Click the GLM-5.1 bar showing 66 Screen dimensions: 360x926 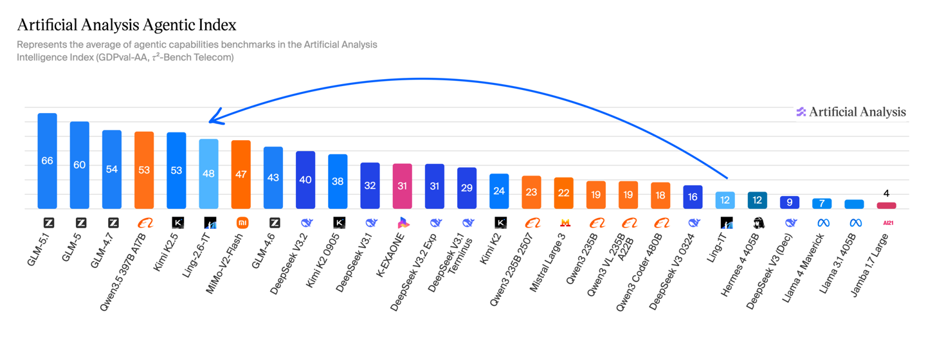tap(47, 161)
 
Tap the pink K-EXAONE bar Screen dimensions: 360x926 tap(403, 186)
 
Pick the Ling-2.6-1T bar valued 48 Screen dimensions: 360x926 tap(209, 173)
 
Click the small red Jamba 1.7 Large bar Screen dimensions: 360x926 tap(886, 206)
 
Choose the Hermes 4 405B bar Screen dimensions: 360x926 tap(758, 200)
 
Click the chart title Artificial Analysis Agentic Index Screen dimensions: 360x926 tap(127, 25)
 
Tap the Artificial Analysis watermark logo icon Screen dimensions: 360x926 tap(801, 112)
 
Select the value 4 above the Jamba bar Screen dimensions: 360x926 tap(886, 194)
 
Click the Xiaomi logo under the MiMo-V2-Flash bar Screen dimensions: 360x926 tap(242, 223)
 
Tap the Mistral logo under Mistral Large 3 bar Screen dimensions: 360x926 tap(565, 223)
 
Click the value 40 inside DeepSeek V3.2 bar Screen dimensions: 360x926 tap(305, 179)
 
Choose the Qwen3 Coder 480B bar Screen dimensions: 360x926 tap(660, 195)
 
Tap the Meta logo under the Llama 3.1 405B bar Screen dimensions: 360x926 tap(855, 223)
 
